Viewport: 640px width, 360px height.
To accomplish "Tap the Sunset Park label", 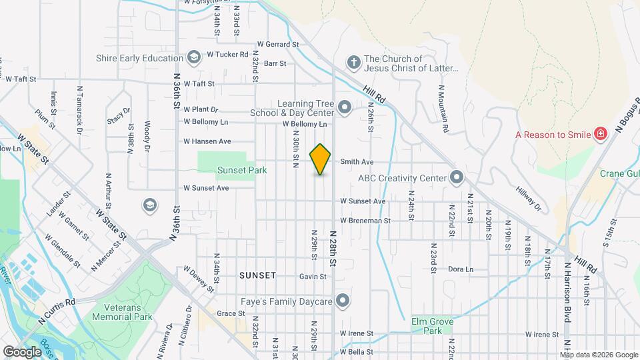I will [x=242, y=171].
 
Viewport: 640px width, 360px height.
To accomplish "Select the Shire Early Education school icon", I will [x=193, y=58].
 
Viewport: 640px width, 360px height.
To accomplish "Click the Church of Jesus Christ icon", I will [x=353, y=63].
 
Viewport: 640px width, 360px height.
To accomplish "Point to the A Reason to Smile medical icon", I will [x=601, y=134].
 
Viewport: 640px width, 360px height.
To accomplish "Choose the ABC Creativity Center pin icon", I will [x=457, y=178].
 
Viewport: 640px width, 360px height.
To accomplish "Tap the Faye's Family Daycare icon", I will [x=343, y=302].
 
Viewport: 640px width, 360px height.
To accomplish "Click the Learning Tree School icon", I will [x=345, y=107].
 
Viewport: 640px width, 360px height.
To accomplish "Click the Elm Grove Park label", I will [x=432, y=326].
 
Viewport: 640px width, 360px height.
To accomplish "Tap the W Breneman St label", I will [x=365, y=220].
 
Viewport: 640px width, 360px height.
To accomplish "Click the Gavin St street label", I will [x=313, y=276].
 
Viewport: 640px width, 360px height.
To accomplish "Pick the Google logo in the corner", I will [x=22, y=351].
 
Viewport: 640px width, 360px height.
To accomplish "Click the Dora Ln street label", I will [x=460, y=269].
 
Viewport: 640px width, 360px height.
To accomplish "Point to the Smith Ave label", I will [x=357, y=162].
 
